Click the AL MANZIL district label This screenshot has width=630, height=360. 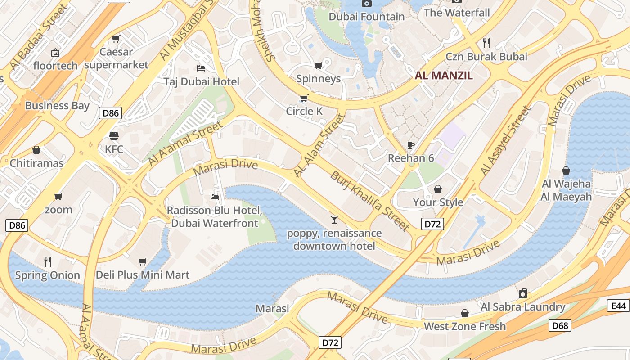(x=444, y=76)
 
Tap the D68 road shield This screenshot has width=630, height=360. (x=560, y=325)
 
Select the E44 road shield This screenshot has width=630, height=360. (x=619, y=306)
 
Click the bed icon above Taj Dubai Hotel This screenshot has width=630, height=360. (x=201, y=68)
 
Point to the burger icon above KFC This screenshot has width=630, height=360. (x=114, y=136)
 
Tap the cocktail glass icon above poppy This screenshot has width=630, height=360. (x=334, y=220)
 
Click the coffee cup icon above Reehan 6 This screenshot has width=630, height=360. (x=410, y=145)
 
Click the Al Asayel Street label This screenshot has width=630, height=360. (x=505, y=140)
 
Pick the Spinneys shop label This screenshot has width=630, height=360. (x=318, y=79)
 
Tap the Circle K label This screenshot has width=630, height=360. (x=304, y=111)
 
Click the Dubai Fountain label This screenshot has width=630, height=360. (x=367, y=17)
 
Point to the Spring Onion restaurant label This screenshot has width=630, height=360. (x=47, y=275)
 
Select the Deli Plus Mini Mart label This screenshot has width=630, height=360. (x=143, y=274)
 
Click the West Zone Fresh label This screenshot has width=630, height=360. (x=465, y=326)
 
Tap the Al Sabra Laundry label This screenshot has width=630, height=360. (x=523, y=307)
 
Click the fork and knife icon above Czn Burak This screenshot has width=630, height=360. (x=486, y=43)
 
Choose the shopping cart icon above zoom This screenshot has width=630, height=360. (x=58, y=197)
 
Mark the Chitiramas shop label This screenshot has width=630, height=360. (x=36, y=163)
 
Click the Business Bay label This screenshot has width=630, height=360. (x=57, y=106)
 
